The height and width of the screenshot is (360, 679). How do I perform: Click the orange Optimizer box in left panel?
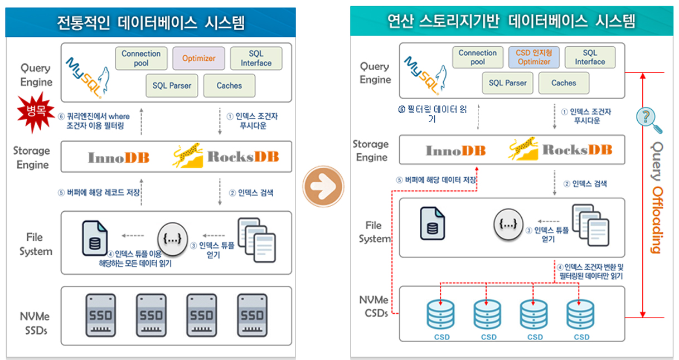coord(198,59)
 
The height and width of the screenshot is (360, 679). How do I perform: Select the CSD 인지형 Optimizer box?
coord(533,57)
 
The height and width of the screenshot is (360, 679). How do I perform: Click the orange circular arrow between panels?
coord(323,183)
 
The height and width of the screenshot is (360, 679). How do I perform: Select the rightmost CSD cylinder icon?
coord(581,315)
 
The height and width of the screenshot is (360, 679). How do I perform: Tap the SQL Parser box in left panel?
coord(172,86)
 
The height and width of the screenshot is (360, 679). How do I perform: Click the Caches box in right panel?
coord(564,83)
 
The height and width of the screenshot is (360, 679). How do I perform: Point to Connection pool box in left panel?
coord(141,59)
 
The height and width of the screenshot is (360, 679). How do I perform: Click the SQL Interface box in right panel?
coord(590,57)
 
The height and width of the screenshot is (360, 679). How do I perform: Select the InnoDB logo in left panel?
coord(119,158)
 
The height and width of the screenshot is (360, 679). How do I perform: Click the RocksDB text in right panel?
coord(577,150)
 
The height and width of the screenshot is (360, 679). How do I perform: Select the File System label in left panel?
coord(36,244)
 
